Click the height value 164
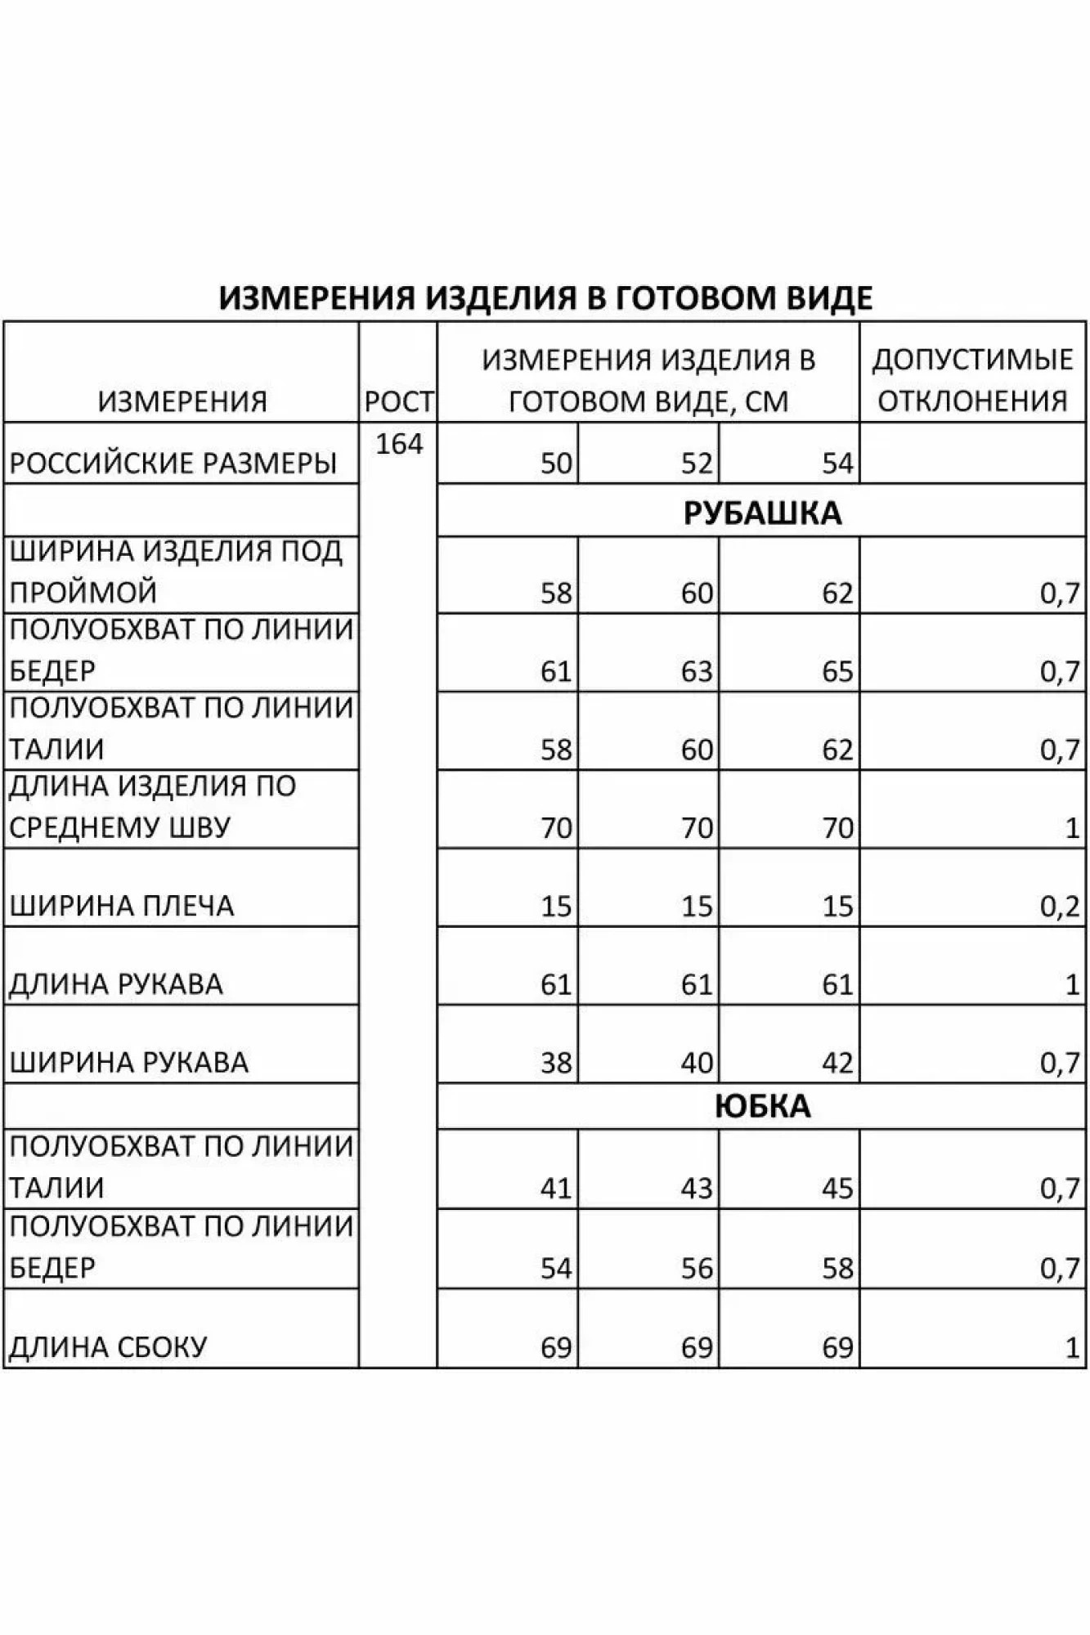click(399, 445)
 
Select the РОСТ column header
click(399, 401)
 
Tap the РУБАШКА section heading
click(761, 513)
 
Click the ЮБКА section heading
click(761, 1106)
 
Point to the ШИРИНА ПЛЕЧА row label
click(122, 906)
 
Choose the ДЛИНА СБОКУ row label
click(108, 1346)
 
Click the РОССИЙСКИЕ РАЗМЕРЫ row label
click(173, 464)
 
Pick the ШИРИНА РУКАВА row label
click(128, 1062)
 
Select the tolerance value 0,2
click(1060, 907)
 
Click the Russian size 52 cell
click(697, 464)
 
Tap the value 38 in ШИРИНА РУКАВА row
click(556, 1063)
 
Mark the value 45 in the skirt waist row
click(837, 1188)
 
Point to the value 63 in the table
click(697, 671)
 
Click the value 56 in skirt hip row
click(697, 1268)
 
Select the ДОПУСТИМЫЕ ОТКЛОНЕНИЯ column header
click(972, 380)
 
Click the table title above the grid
click(545, 298)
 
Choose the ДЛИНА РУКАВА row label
click(115, 984)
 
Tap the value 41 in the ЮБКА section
click(556, 1188)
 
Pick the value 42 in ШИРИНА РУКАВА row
click(837, 1063)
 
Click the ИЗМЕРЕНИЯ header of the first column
click(182, 401)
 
